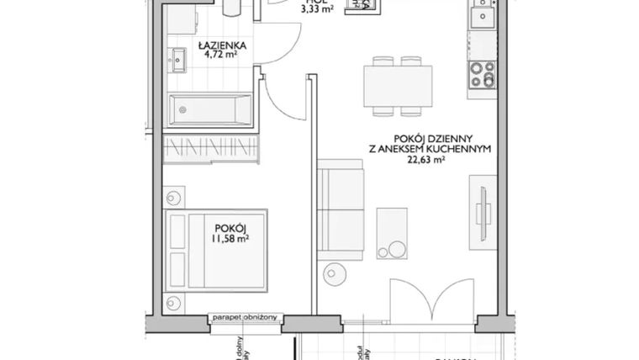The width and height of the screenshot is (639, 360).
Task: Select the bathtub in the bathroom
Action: (x=209, y=109)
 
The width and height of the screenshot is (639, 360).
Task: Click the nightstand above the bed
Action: (x=174, y=199)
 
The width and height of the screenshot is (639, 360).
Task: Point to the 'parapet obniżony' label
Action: (x=246, y=318)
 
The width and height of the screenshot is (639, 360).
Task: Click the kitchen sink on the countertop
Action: (x=483, y=16)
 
